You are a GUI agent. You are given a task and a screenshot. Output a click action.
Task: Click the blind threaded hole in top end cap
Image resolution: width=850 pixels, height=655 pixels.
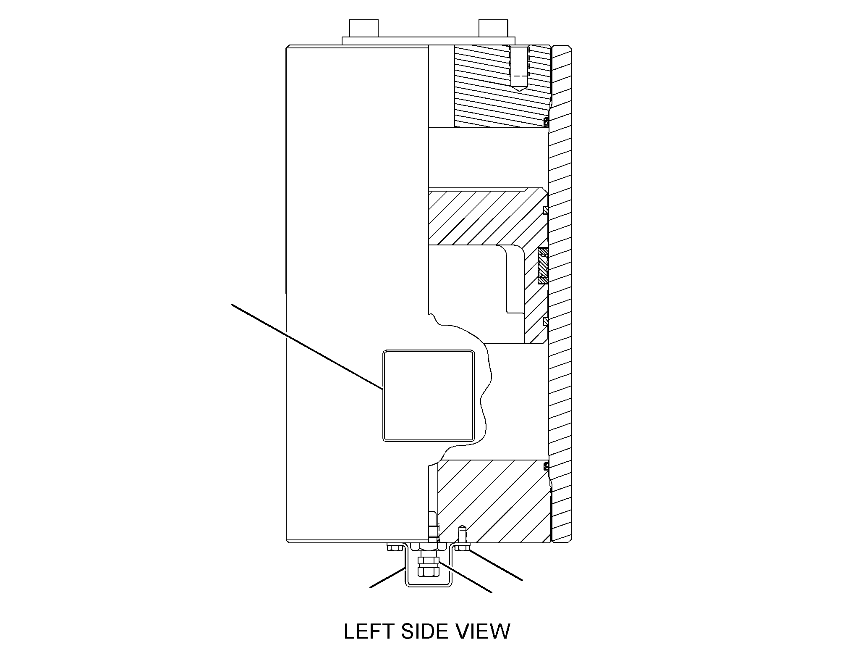click(x=520, y=69)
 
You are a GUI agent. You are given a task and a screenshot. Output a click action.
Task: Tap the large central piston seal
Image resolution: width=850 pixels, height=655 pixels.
click(x=543, y=265)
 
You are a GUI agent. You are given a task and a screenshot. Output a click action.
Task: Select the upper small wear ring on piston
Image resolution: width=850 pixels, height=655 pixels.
click(x=546, y=210)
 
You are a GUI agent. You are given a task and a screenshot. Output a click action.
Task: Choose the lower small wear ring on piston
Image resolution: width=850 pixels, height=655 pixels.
click(x=546, y=321)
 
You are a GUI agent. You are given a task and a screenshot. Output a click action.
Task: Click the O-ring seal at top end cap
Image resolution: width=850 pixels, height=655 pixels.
click(x=546, y=122)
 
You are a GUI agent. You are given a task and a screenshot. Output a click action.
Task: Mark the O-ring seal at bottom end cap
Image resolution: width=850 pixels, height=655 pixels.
click(x=546, y=466)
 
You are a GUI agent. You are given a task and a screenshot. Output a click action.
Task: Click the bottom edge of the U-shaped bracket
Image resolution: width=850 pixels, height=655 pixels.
click(x=429, y=587)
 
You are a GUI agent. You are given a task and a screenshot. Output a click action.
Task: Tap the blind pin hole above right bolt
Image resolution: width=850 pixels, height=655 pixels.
click(x=462, y=534)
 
